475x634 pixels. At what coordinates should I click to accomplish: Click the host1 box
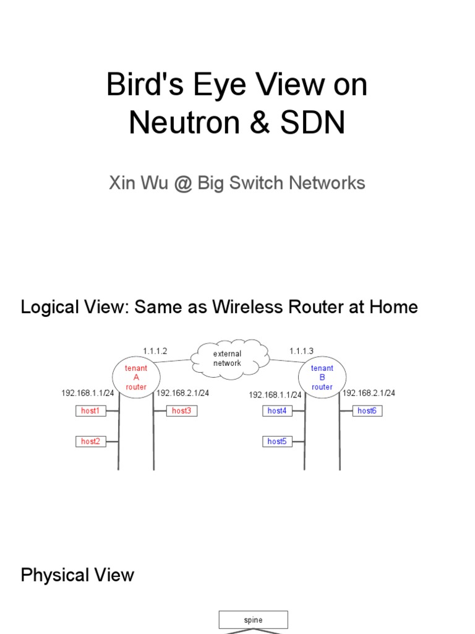coord(90,410)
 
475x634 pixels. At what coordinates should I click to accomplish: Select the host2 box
coord(90,441)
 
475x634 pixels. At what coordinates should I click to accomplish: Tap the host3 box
coord(181,410)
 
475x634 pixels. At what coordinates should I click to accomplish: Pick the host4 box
coord(277,410)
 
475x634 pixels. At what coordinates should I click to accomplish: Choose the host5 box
coord(277,441)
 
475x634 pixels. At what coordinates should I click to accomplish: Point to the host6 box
coord(367,410)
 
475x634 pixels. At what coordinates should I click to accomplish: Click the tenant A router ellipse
coord(136,377)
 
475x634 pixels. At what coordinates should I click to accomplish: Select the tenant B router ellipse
coord(322,377)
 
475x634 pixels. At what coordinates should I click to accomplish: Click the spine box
coord(253,619)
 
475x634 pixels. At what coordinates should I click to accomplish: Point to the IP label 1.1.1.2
coord(154,351)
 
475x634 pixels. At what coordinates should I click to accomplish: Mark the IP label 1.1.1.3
coord(301,351)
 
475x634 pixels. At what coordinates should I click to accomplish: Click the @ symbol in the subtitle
coord(180,183)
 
